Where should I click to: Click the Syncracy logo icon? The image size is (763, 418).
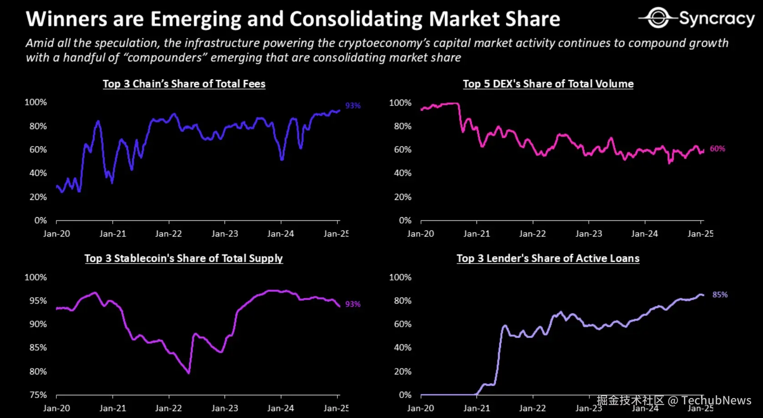coord(658,18)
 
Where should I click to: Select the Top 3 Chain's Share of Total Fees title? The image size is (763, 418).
coord(184,84)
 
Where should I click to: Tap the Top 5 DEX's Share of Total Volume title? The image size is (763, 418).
coord(548,84)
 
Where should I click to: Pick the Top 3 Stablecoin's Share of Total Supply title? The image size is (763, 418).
coord(183,259)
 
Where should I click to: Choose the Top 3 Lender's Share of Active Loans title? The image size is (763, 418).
coord(548,259)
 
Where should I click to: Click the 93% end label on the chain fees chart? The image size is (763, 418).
coord(353,105)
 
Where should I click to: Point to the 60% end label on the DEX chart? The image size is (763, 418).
coord(717,149)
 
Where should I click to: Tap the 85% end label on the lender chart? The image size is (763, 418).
coord(720,295)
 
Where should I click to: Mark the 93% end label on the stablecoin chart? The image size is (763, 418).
coord(353,304)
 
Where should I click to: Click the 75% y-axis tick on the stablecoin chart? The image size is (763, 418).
coord(38,395)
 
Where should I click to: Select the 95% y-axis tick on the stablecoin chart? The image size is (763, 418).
coord(38,301)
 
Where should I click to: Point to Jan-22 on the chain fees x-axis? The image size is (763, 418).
coord(168,234)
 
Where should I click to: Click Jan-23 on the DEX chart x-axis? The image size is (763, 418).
coord(588,234)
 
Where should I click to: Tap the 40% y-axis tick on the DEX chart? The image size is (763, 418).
coord(402,173)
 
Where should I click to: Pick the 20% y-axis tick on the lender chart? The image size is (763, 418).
coord(402,371)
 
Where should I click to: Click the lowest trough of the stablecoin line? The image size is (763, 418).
coord(189,373)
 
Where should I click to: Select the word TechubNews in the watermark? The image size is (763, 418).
coord(716,400)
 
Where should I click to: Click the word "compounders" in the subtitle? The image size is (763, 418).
coord(165,58)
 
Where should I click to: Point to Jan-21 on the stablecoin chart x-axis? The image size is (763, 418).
coord(112,408)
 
